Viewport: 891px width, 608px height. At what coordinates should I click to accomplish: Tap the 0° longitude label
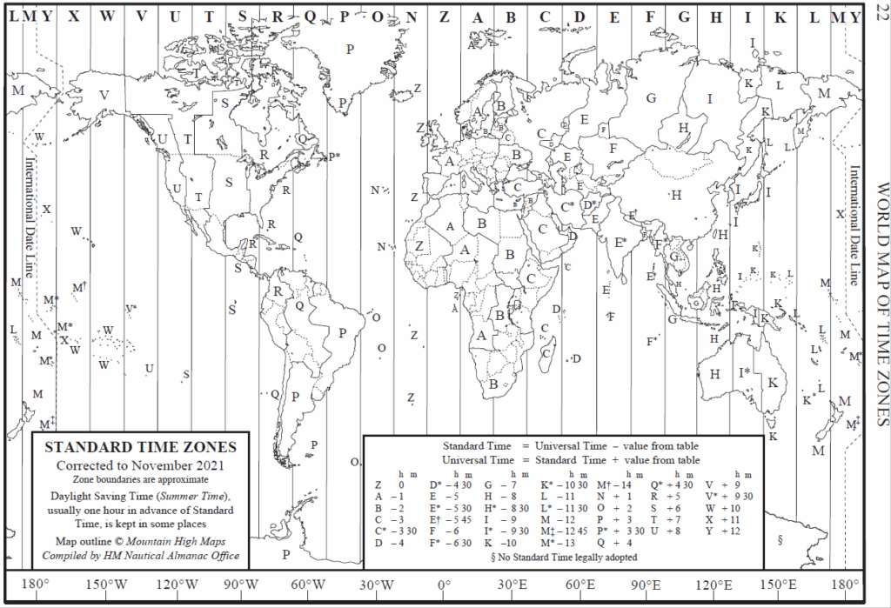(444, 584)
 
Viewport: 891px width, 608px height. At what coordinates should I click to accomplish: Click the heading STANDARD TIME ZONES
(140, 448)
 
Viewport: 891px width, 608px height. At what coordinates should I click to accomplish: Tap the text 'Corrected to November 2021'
(140, 465)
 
